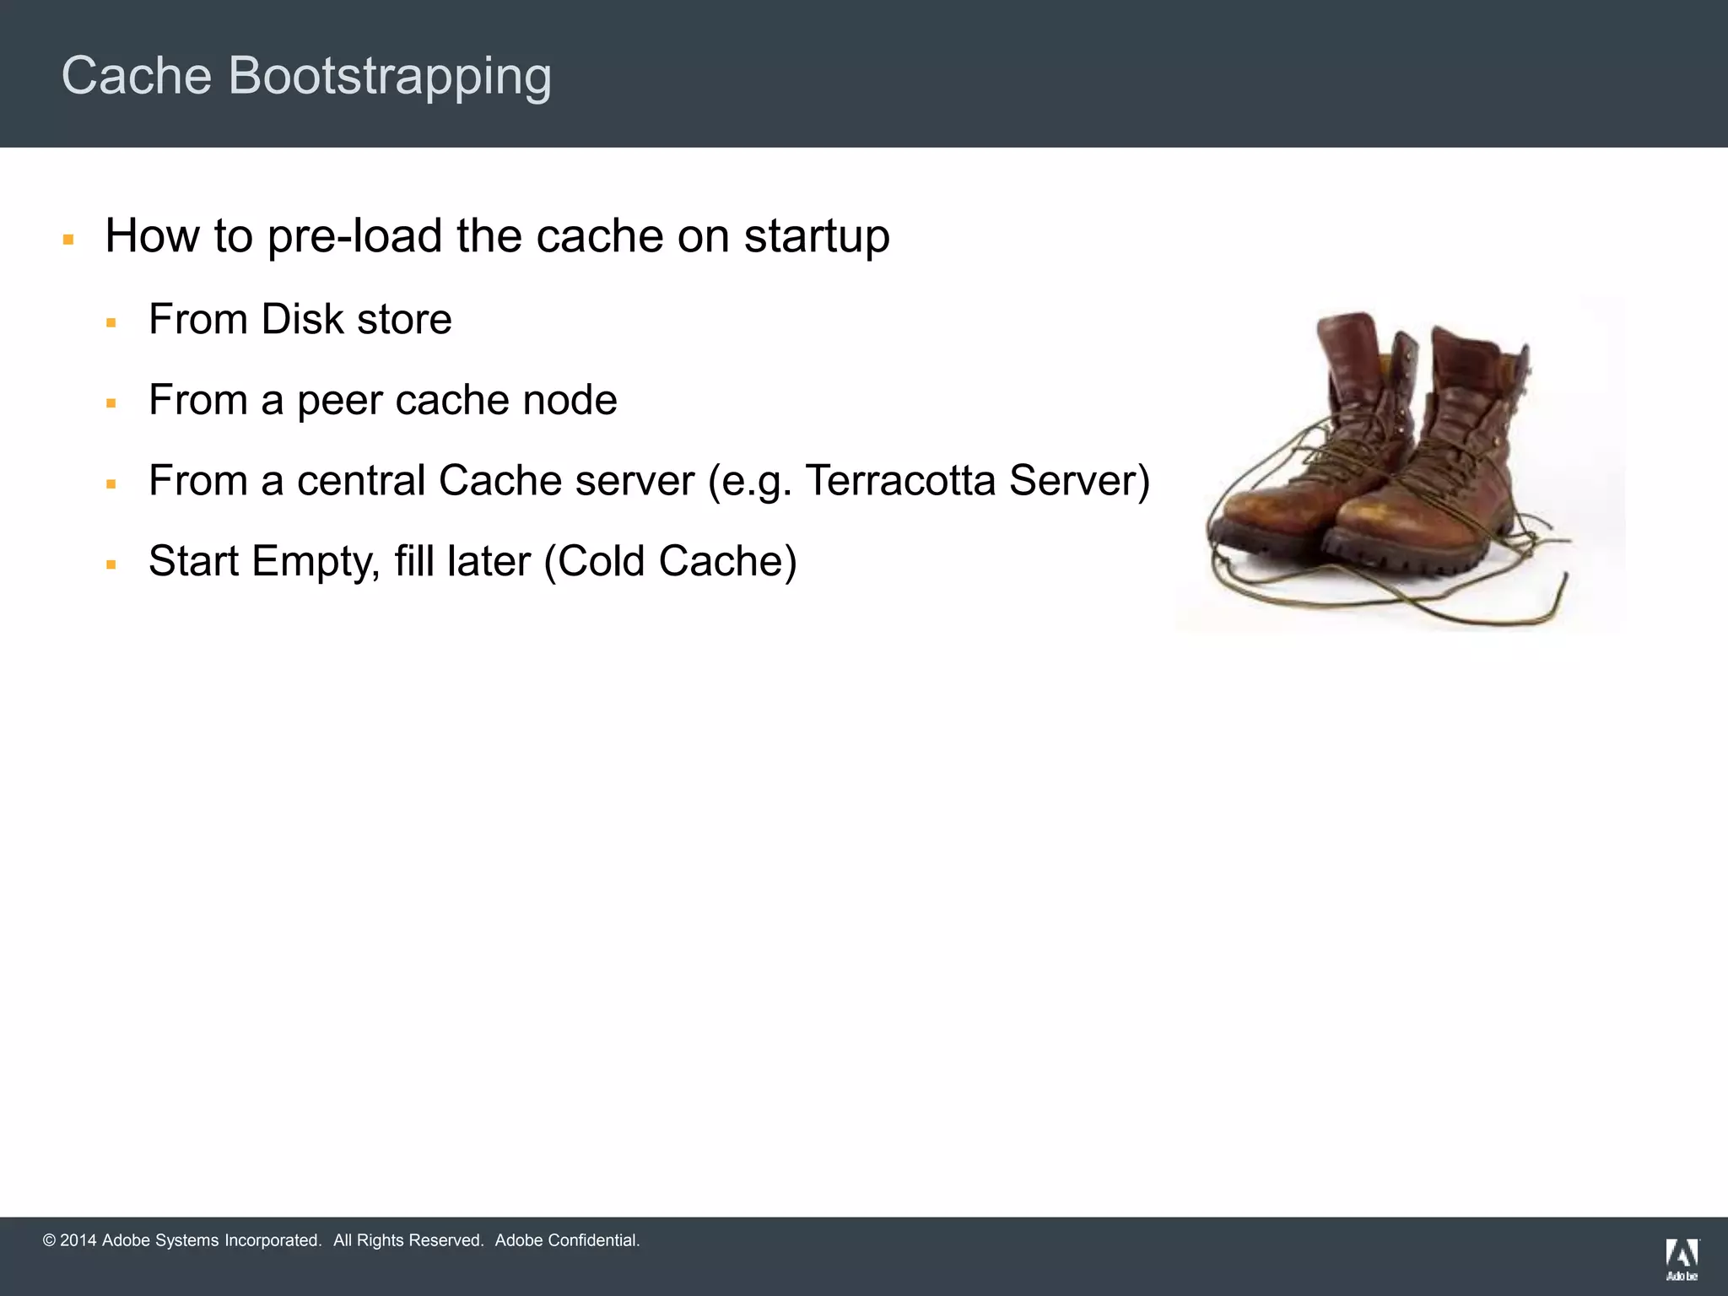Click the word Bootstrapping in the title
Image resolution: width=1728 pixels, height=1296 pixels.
pos(390,76)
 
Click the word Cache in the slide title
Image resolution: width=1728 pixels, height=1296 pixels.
pos(137,76)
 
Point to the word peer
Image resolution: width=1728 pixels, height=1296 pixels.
pos(339,401)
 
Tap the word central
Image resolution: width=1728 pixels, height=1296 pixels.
pos(360,481)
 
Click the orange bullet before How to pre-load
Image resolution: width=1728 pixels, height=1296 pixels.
pos(68,240)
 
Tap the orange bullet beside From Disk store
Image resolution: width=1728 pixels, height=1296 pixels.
pos(111,323)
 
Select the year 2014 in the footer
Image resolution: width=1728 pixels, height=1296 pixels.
pos(78,1240)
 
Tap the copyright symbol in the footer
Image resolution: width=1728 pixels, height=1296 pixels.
pos(49,1240)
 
